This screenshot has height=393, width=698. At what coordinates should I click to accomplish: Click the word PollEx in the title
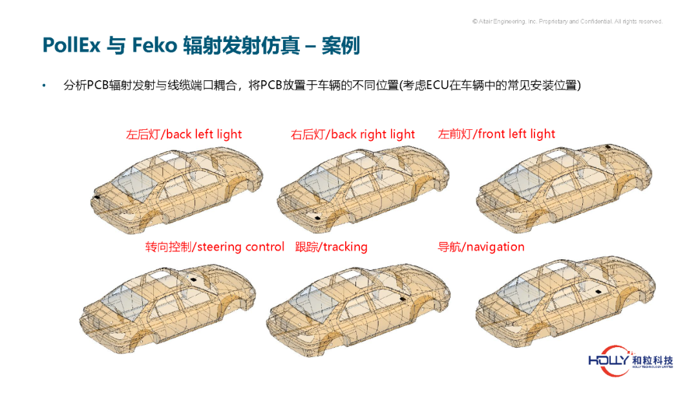coord(71,45)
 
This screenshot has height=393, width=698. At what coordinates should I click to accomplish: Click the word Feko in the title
coord(154,45)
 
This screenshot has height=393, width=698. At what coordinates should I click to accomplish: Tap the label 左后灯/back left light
coord(184,134)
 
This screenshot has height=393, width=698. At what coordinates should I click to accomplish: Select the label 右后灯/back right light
coord(353,134)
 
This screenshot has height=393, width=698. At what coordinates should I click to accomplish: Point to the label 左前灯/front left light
coord(496,134)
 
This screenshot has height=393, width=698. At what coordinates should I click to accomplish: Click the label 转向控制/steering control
coord(215,247)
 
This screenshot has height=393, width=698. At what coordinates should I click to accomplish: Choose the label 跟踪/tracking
coord(331,247)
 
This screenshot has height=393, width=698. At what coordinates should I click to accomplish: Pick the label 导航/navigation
coord(481,247)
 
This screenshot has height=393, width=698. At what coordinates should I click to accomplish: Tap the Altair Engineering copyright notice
coord(567,21)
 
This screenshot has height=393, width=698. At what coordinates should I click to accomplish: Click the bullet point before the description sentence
coord(44,85)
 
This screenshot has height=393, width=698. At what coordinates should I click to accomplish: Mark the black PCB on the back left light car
coord(96,197)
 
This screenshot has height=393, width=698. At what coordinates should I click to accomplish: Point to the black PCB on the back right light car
coord(317,217)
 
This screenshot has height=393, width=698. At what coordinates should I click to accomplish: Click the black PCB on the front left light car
coord(609,147)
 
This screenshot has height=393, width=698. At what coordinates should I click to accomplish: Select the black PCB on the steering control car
coord(194,279)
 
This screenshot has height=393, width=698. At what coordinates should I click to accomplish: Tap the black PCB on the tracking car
coord(402,299)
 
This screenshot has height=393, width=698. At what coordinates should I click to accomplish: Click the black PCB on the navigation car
coord(598,290)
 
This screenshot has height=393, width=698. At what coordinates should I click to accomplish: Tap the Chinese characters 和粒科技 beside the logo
coord(653,360)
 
